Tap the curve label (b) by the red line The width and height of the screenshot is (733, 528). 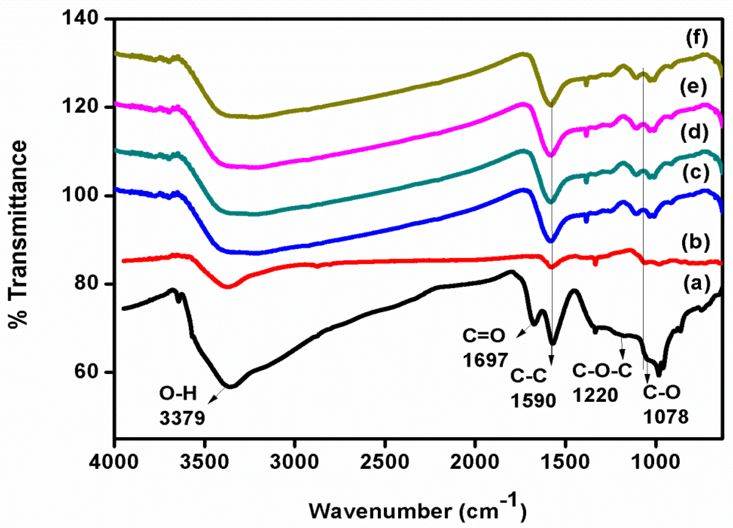pos(696,243)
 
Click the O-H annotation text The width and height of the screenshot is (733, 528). pos(178,395)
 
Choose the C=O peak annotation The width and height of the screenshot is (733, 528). pos(484,336)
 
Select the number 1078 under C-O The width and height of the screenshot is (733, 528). pos(666,417)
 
